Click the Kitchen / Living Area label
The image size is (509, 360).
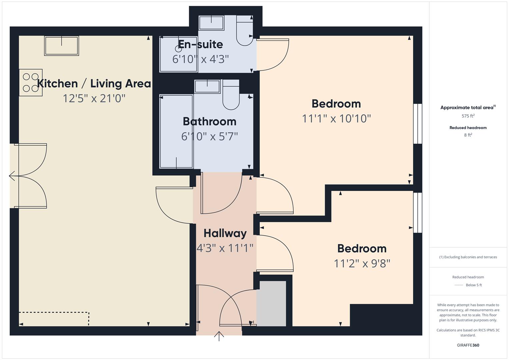(x=94, y=83)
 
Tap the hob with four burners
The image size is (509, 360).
(x=31, y=82)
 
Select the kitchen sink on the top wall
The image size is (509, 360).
(x=62, y=46)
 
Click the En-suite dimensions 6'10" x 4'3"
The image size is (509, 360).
(x=200, y=59)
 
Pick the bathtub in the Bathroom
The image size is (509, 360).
(x=176, y=131)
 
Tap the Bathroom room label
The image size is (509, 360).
(x=209, y=121)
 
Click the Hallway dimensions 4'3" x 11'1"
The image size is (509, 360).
(x=225, y=248)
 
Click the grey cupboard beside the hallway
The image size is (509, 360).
(x=271, y=304)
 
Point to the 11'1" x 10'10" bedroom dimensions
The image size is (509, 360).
(x=336, y=118)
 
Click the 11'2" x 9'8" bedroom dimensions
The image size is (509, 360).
(x=362, y=263)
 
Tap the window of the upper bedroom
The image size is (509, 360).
(x=417, y=124)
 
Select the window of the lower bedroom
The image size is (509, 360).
(x=417, y=212)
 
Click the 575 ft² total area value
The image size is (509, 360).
(x=468, y=116)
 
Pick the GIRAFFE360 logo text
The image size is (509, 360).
(x=468, y=345)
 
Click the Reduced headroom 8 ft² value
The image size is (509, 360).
(x=468, y=135)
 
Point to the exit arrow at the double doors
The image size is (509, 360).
(x=12, y=176)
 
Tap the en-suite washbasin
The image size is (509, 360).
(x=211, y=23)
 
